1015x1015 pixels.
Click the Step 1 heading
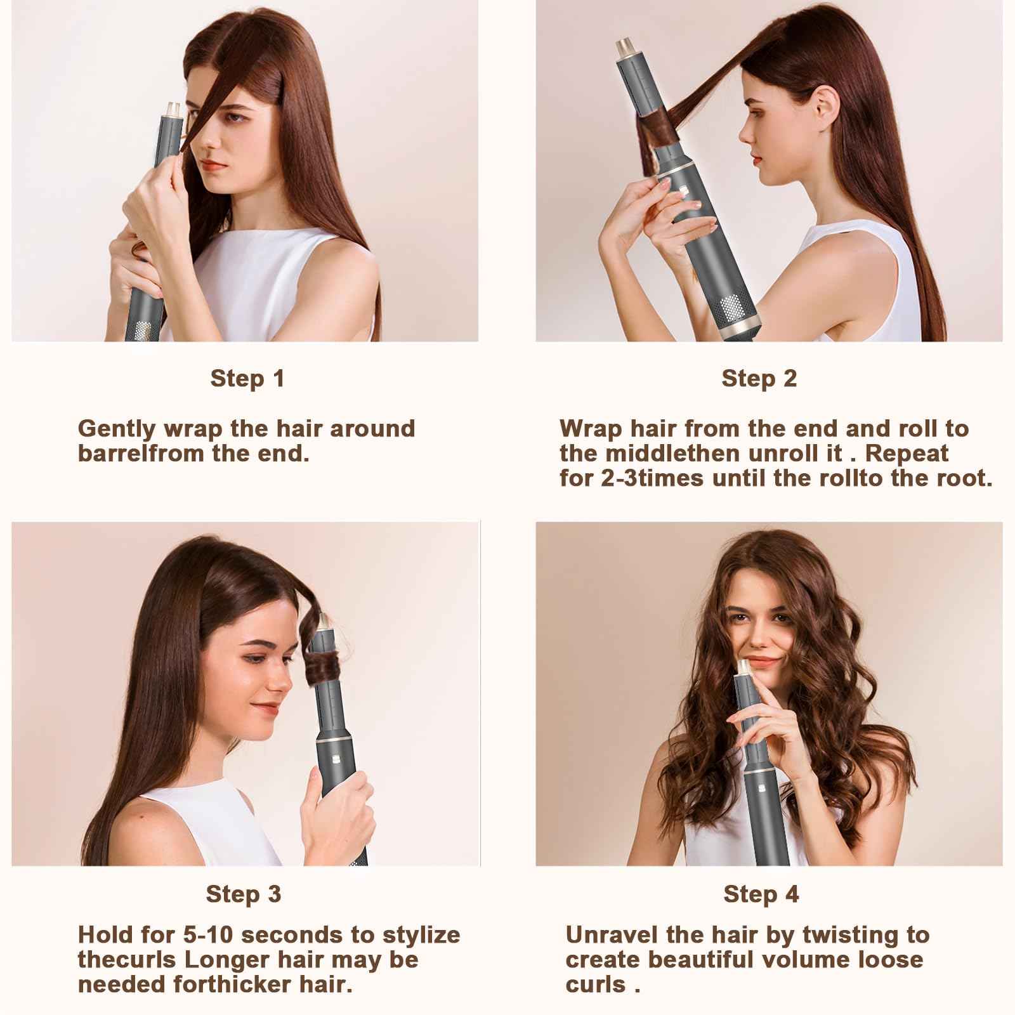[247, 379]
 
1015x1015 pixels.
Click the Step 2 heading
[759, 379]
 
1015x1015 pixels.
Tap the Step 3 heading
[243, 894]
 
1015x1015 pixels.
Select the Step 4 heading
[761, 894]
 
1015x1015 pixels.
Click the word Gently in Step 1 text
[117, 429]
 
